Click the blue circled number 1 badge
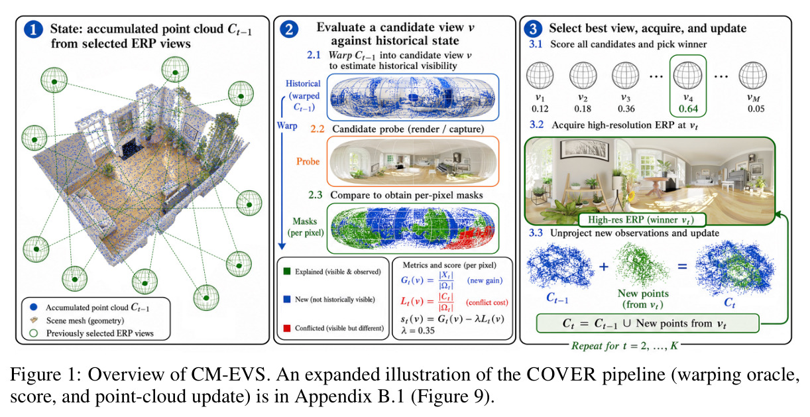tap(33, 29)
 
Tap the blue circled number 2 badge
tap(289, 29)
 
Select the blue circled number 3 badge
tap(533, 29)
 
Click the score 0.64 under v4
tap(688, 109)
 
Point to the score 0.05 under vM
tap(756, 109)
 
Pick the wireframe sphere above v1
tap(540, 76)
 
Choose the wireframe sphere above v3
tap(626, 76)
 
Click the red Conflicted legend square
tap(287, 328)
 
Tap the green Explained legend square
tap(287, 271)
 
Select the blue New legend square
tap(287, 299)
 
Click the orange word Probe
tap(308, 161)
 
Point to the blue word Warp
tap(287, 125)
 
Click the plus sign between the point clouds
tap(604, 267)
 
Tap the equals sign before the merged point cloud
tap(682, 267)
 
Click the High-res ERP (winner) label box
tap(642, 219)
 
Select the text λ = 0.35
tap(418, 331)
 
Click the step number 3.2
tap(537, 125)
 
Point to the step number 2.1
tap(314, 55)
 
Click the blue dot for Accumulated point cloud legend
tap(34, 307)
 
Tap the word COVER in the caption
tap(561, 375)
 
